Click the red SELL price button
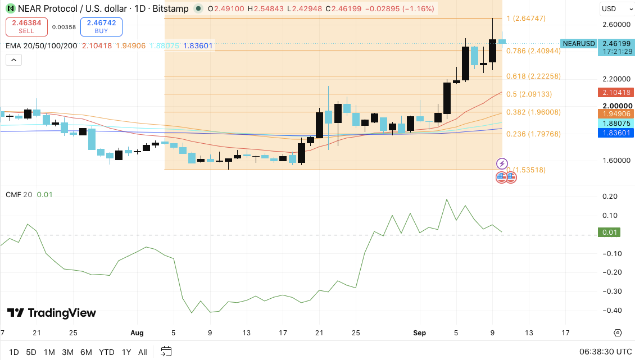tap(26, 27)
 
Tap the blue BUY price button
tap(101, 27)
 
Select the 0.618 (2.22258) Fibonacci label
tap(533, 76)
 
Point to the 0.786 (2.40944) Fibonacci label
tap(533, 51)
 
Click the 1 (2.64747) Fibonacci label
tap(526, 18)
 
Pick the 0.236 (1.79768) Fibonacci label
tap(533, 134)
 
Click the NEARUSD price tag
tap(579, 43)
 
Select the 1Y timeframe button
tap(126, 352)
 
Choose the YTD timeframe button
tap(107, 352)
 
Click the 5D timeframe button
tap(31, 352)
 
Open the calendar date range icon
tap(166, 352)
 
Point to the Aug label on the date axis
tap(137, 333)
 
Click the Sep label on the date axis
tap(420, 333)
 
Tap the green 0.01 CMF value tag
tap(609, 232)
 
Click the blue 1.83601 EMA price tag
tap(615, 133)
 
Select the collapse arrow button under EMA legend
tap(14, 60)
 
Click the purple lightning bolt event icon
tap(502, 163)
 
